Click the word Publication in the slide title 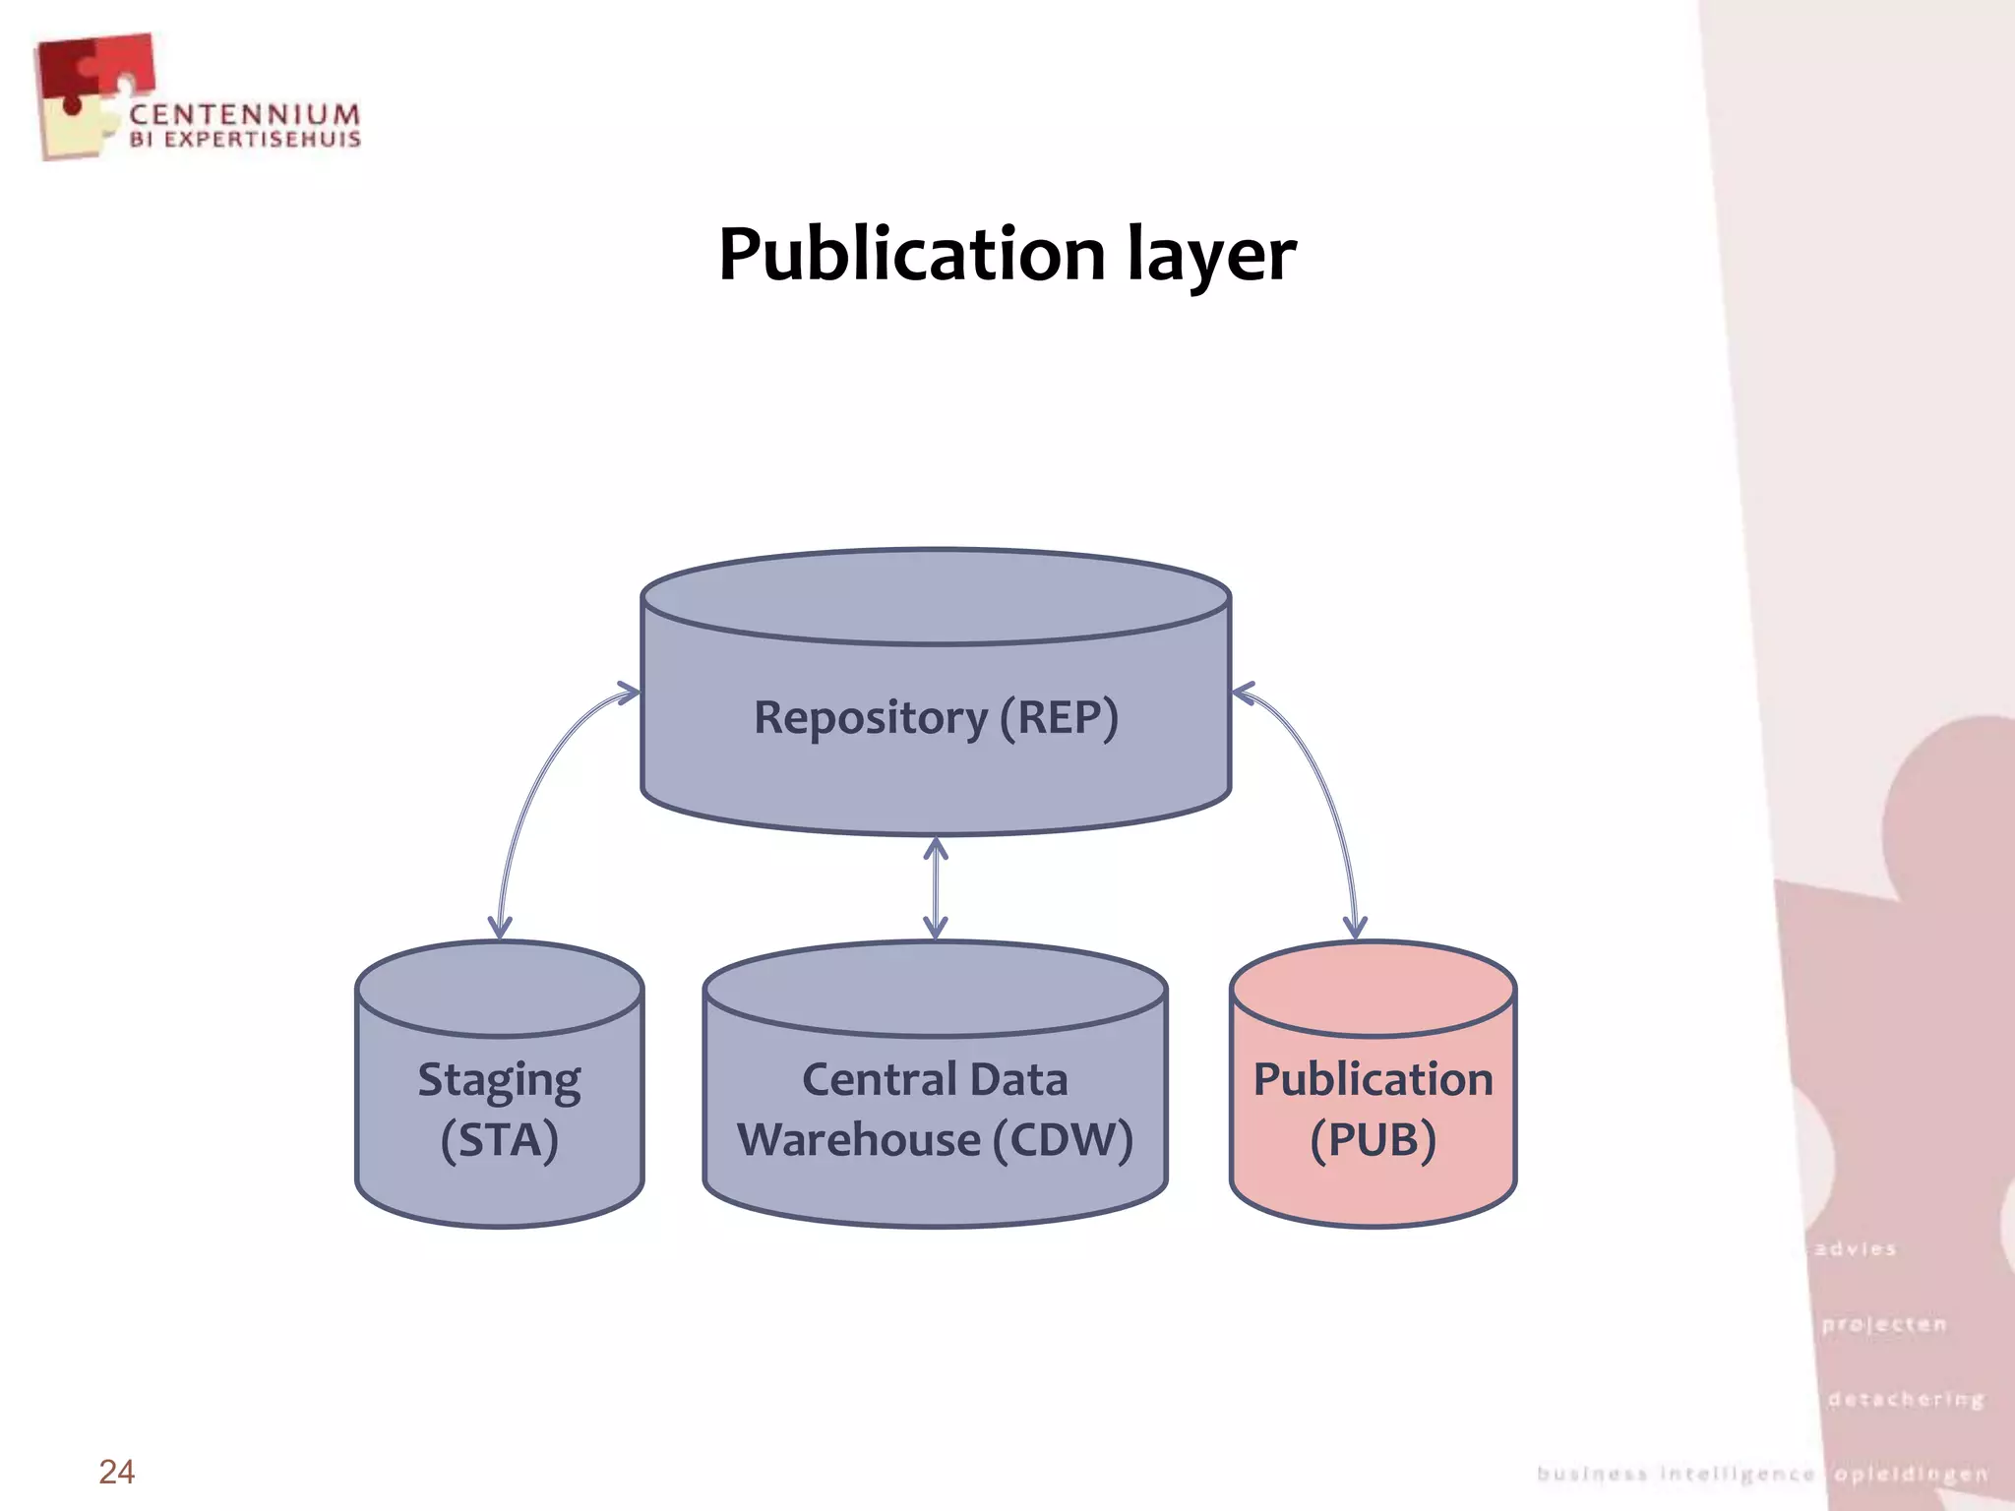click(x=912, y=254)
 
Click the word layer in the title click(x=1211, y=256)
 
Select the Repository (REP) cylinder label click(x=936, y=717)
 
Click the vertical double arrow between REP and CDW click(x=936, y=888)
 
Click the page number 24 click(x=116, y=1472)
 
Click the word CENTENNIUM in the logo click(x=244, y=114)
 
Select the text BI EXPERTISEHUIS click(x=245, y=140)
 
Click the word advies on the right click(x=1856, y=1249)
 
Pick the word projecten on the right click(x=1883, y=1324)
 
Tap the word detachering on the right click(x=1906, y=1399)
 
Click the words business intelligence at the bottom click(x=1676, y=1474)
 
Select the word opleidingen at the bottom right click(x=1911, y=1474)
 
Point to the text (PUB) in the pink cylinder click(x=1373, y=1140)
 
